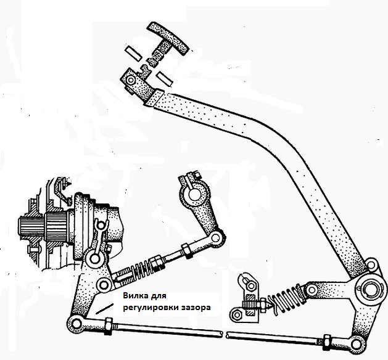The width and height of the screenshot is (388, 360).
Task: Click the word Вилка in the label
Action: (x=134, y=295)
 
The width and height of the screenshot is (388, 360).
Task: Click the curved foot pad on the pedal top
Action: (x=168, y=36)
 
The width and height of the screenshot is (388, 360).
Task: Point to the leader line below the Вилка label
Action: (x=105, y=309)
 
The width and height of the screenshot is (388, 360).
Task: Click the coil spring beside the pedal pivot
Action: (x=286, y=301)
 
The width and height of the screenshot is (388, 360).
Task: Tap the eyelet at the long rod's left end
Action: (x=76, y=324)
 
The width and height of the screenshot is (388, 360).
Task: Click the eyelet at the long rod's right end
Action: (x=356, y=344)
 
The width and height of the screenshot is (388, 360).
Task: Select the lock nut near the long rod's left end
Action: (x=109, y=326)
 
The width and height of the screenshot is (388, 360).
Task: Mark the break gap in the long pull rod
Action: (x=225, y=334)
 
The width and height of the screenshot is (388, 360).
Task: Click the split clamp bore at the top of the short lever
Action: (x=194, y=195)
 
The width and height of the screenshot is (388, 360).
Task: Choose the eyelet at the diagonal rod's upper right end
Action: (x=216, y=238)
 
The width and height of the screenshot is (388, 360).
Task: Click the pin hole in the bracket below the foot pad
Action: (x=130, y=80)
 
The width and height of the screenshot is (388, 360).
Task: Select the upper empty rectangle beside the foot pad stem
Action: (x=133, y=53)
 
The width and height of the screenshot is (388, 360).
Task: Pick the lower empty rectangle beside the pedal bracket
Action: (x=165, y=79)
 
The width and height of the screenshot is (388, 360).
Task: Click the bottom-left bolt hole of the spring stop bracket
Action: (x=237, y=314)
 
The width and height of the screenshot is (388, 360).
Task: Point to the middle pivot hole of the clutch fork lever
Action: (x=104, y=285)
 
